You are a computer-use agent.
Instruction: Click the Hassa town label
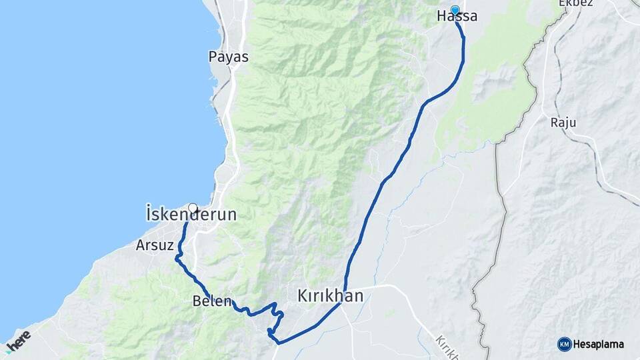(x=457, y=17)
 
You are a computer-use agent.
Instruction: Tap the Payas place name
(x=228, y=57)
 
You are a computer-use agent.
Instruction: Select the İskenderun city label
(x=191, y=215)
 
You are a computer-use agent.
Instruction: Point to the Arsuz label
(x=155, y=245)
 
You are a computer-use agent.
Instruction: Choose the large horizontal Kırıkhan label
(x=330, y=295)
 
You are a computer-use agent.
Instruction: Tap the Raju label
(x=563, y=123)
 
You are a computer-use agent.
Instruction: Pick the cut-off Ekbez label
(x=575, y=3)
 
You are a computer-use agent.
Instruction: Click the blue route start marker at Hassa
(x=455, y=9)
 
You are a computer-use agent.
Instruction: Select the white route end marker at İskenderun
(x=193, y=207)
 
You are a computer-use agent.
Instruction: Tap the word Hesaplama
(x=599, y=344)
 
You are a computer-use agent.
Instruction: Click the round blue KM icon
(x=565, y=344)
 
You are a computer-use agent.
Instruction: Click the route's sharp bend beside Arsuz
(x=176, y=257)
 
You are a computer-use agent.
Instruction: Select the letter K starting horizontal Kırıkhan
(x=303, y=295)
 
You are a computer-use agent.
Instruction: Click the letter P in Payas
(x=213, y=57)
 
